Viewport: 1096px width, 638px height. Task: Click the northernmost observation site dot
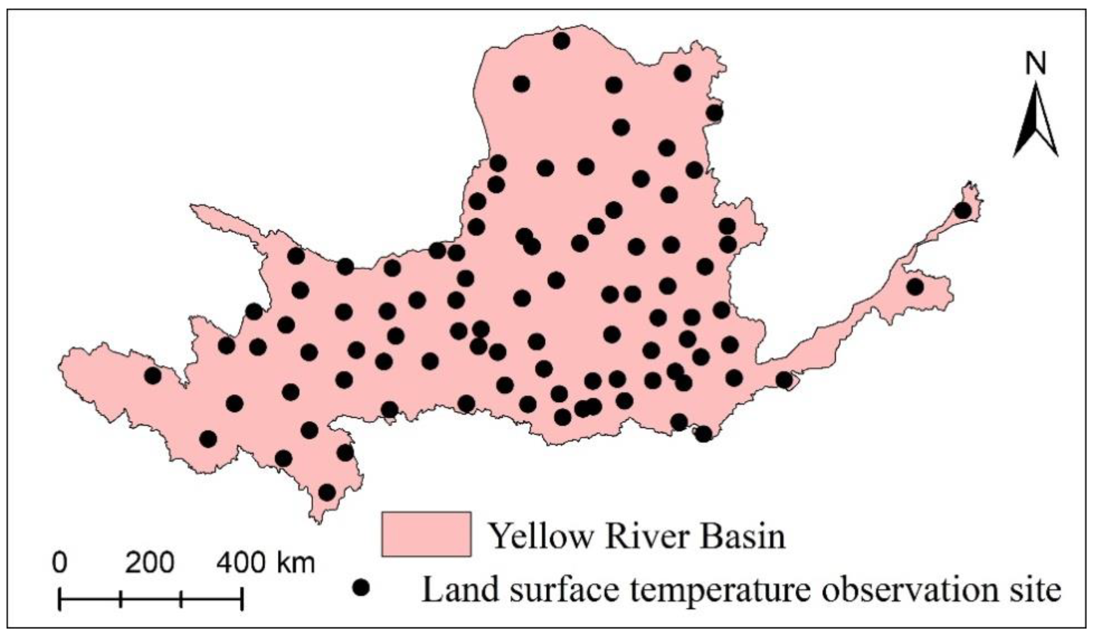562,41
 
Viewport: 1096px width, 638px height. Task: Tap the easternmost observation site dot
962,211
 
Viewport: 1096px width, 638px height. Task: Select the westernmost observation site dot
152,375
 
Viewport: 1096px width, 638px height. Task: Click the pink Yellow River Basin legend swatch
426,534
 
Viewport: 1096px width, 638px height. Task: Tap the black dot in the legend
361,588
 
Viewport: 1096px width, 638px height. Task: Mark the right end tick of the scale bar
242,598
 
